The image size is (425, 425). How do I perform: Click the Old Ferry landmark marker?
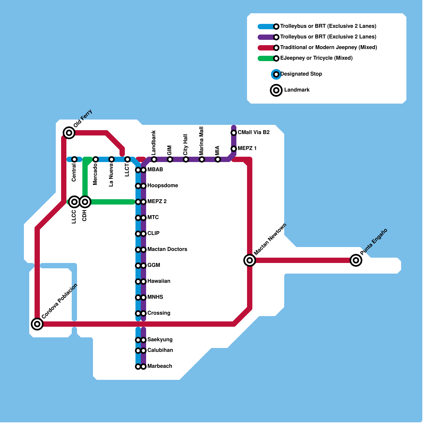[69, 133]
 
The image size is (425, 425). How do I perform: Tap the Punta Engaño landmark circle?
[356, 260]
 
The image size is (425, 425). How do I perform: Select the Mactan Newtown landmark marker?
[250, 260]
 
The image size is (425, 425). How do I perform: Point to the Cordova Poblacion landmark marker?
[37, 324]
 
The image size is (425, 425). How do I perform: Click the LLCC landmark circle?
[74, 202]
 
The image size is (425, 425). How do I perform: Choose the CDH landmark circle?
[85, 202]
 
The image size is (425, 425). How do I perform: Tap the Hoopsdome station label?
[163, 185]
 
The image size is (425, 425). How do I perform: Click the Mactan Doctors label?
[167, 249]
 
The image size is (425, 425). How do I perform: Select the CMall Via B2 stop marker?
[234, 133]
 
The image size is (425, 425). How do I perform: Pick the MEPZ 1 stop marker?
[234, 148]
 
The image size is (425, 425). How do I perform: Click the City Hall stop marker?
[186, 159]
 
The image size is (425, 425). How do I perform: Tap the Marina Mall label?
[202, 141]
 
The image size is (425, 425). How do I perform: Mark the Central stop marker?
[74, 159]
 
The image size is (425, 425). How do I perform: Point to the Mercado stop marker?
[96, 159]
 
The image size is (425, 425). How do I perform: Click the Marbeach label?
[160, 366]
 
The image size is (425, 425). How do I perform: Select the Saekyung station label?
[160, 339]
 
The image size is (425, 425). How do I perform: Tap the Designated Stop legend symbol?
[276, 74]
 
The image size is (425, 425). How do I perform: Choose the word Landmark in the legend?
[297, 90]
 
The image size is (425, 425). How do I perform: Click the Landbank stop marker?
[154, 159]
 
